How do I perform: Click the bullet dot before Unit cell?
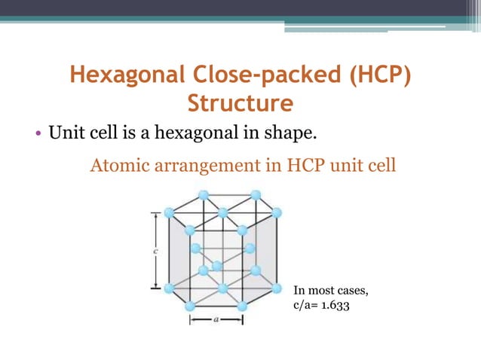point(37,136)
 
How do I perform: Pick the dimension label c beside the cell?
point(154,251)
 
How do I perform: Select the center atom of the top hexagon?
point(222,213)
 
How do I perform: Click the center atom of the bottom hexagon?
point(222,288)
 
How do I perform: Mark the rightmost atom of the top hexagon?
point(277,213)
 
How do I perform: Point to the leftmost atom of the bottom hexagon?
point(169,288)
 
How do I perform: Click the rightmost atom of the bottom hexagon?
point(277,288)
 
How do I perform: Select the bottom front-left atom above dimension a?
point(189,306)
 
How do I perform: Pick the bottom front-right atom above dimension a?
point(243,306)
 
